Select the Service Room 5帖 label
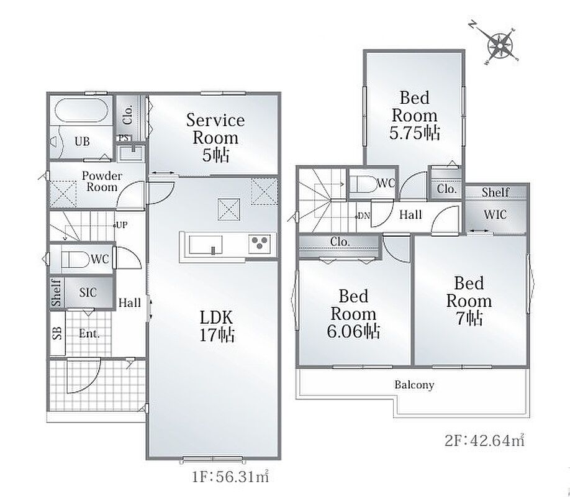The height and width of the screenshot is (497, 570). pos(215,138)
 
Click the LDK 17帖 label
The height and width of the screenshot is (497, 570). pos(217,326)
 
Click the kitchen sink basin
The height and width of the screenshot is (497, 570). pos(206,245)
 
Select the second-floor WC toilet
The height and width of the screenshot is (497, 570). pos(363,184)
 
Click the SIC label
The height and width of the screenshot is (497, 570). pos(88,292)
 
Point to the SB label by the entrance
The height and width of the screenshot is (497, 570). pos(57,333)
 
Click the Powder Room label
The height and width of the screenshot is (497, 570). pos(101,181)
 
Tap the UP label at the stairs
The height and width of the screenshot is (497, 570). pos(122,225)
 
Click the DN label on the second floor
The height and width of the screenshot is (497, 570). pos(364,216)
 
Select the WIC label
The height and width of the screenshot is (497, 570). pos(495,214)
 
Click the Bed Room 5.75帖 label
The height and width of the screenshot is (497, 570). pos(414,116)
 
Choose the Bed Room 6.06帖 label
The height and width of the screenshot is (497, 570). pos(353,314)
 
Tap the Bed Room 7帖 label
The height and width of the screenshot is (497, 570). pos(469,301)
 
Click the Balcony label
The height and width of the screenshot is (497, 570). pos(414,385)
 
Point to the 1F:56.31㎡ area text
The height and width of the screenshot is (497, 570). pos(230,476)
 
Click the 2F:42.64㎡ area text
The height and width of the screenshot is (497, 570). pos(485,440)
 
